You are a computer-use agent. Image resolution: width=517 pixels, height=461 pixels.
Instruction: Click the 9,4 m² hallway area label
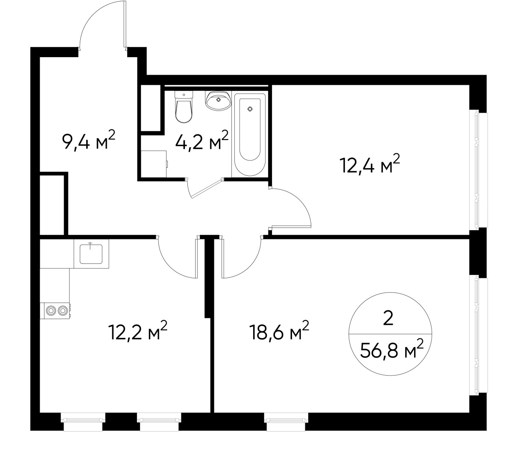[x=89, y=141]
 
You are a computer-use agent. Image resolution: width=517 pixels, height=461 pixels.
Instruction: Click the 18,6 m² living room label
[x=279, y=332]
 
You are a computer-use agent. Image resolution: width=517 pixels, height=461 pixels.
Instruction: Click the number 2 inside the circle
[x=388, y=318]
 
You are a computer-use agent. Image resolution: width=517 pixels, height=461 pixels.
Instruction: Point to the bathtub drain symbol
[x=250, y=109]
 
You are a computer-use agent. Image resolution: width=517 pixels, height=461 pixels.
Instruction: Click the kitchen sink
[x=91, y=254]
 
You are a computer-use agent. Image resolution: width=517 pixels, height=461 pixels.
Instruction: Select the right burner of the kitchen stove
[x=63, y=311]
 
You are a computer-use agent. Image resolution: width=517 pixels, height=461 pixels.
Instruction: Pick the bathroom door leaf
[x=206, y=189]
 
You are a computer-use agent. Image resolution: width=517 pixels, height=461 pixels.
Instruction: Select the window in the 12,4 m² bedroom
[x=477, y=169]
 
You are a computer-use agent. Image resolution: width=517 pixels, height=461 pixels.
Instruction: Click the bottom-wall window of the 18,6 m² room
[x=286, y=419]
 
